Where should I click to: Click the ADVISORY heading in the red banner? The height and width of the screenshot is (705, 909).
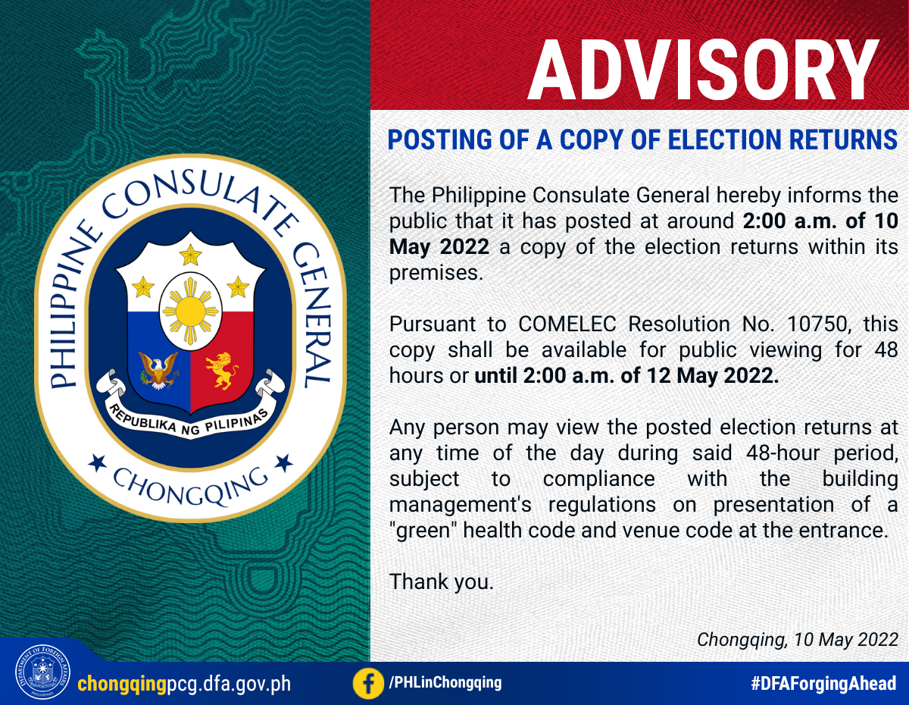[704, 70]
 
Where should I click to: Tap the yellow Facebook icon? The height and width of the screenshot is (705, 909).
[367, 684]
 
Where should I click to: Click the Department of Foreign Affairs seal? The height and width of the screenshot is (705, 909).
[42, 672]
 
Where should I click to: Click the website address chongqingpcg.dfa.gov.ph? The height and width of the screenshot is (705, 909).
[184, 684]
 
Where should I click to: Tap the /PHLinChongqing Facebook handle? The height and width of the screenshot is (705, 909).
[445, 682]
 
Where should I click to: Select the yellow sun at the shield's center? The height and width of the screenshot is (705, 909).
[190, 311]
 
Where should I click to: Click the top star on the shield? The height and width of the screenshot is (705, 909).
[190, 255]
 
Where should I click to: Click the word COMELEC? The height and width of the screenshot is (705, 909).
[567, 324]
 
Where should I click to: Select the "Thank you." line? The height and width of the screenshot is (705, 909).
[442, 582]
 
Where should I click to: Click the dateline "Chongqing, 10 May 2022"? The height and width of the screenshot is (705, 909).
[798, 639]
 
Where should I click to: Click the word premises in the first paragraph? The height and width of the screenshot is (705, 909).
[436, 274]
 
